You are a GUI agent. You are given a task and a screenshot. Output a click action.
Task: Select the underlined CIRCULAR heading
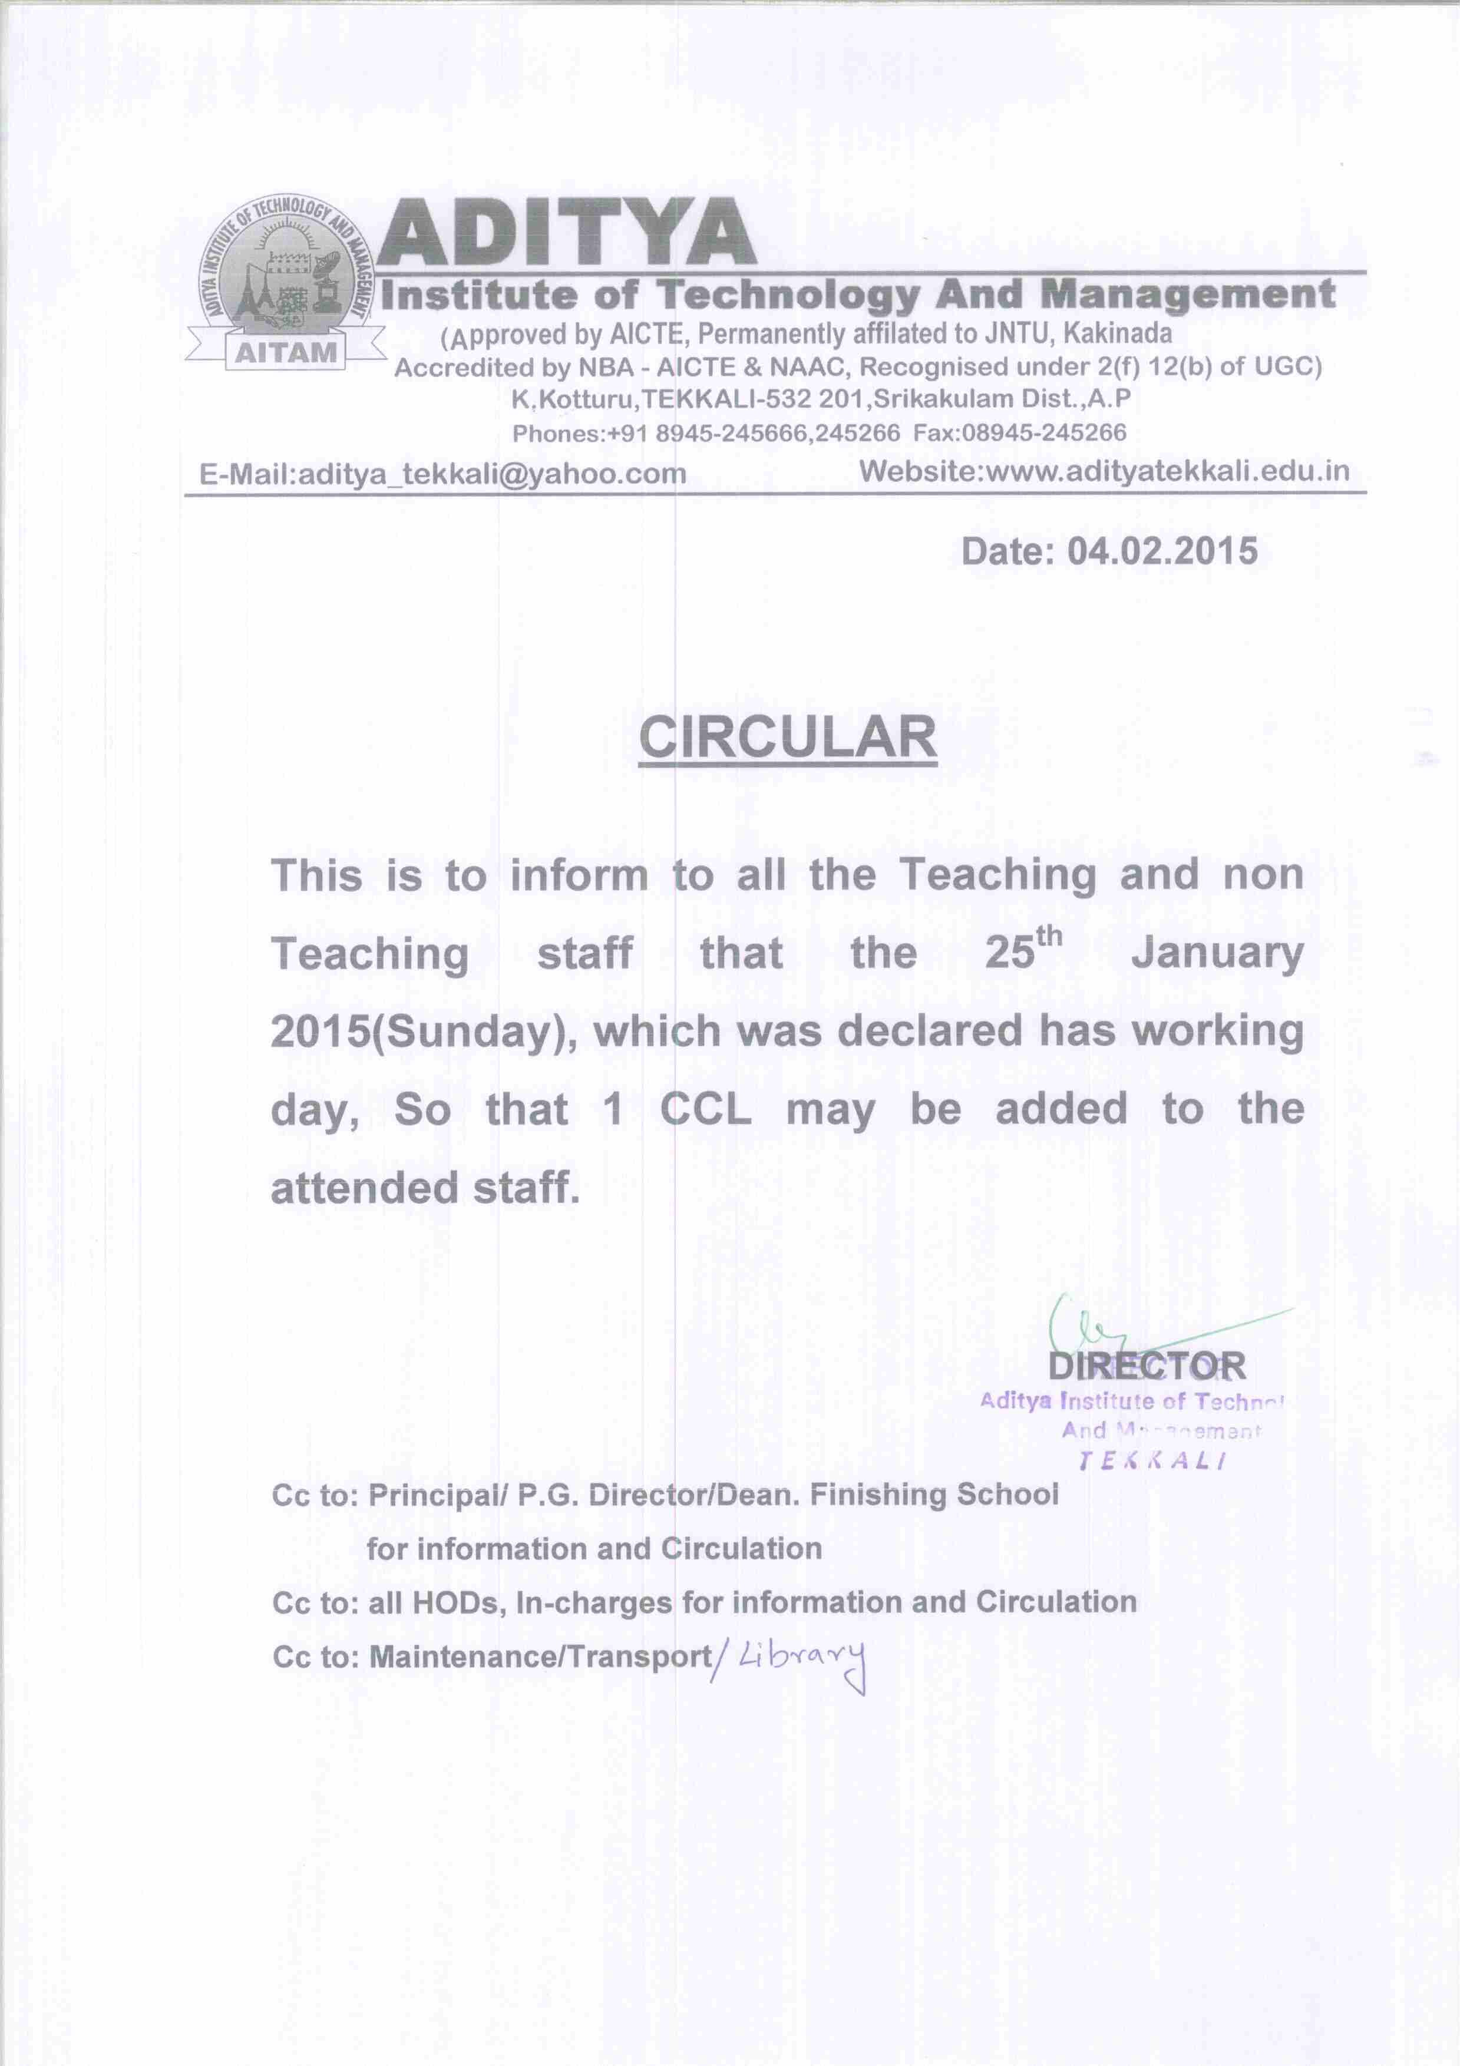tap(788, 737)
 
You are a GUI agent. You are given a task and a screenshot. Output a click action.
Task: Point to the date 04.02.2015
tap(1162, 551)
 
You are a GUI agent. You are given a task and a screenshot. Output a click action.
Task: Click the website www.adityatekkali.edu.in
tap(1167, 471)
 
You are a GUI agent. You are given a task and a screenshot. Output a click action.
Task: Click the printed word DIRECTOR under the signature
tap(1147, 1366)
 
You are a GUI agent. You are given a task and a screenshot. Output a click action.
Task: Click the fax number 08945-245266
tap(1043, 433)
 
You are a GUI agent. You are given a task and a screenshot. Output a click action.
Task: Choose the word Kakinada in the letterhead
tap(1117, 334)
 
